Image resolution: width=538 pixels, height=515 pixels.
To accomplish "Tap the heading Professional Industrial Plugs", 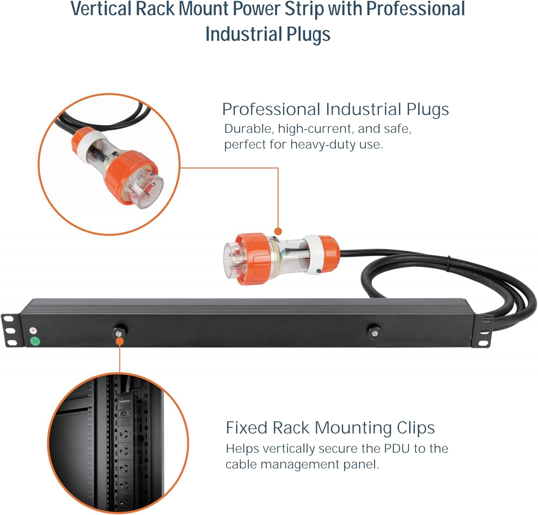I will (x=335, y=109).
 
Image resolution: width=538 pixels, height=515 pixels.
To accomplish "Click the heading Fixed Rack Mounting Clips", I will (x=330, y=428).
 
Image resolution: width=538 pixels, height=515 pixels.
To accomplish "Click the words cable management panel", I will (x=302, y=464).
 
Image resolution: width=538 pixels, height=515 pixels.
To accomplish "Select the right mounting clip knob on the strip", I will (x=374, y=333).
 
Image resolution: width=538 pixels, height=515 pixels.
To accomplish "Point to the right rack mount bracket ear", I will (x=484, y=332).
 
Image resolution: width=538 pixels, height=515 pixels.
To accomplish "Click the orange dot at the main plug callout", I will (x=278, y=231).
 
